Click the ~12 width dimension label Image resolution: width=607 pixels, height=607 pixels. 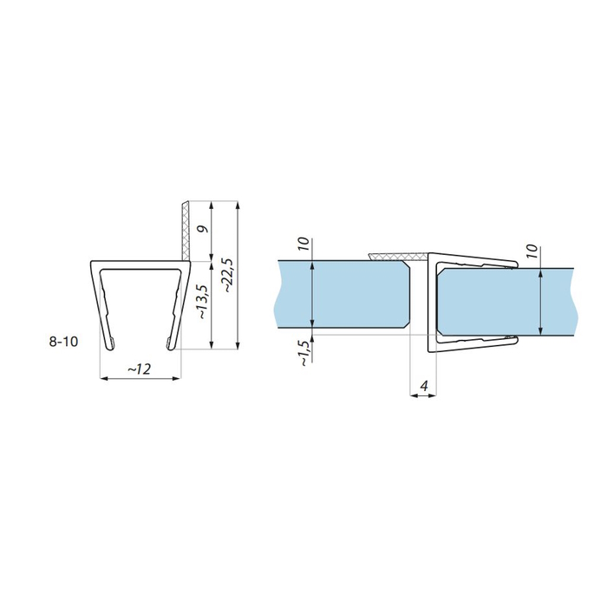[x=140, y=369]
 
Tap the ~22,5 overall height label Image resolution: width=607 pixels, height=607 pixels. [x=229, y=275]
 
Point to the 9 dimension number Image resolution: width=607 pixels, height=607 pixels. [x=203, y=229]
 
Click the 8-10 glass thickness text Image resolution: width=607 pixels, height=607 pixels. [x=63, y=342]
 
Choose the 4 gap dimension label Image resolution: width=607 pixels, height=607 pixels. [x=423, y=386]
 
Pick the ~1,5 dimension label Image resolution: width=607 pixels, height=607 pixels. [x=304, y=353]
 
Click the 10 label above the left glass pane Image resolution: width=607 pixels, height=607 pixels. [x=304, y=244]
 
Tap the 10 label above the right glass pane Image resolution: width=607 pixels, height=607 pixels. [x=532, y=251]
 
